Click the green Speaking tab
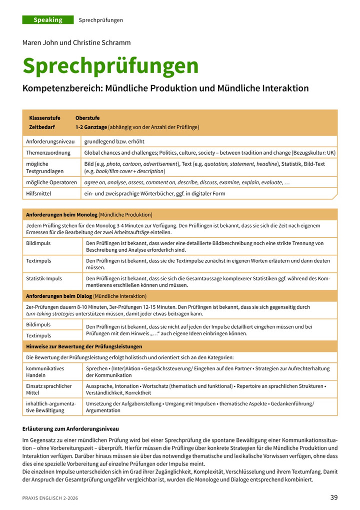pyautogui.click(x=48, y=20)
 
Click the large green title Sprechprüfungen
pyautogui.click(x=110, y=66)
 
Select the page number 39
pyautogui.click(x=334, y=497)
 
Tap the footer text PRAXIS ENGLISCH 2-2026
pyautogui.click(x=50, y=498)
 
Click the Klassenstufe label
pyautogui.click(x=44, y=118)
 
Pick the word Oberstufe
pyautogui.click(x=87, y=118)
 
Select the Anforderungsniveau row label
pyautogui.click(x=48, y=142)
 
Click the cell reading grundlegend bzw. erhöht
pyautogui.click(x=115, y=142)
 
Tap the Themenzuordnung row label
pyautogui.click(x=48, y=153)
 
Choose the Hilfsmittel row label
pyautogui.click(x=39, y=193)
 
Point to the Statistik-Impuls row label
pyautogui.click(x=44, y=278)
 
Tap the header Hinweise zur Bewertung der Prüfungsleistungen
pyautogui.click(x=84, y=346)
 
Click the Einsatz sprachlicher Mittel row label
pyautogui.click(x=49, y=389)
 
